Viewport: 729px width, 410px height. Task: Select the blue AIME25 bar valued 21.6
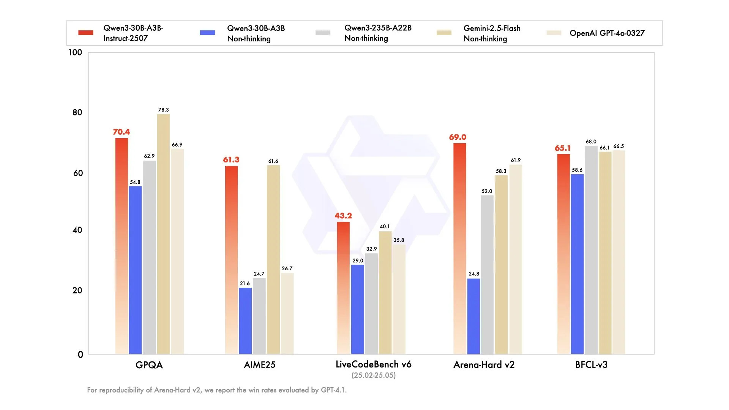[x=245, y=321]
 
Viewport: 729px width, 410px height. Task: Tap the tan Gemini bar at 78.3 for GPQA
[x=163, y=234]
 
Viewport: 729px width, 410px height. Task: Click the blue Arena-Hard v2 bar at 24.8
[x=473, y=316]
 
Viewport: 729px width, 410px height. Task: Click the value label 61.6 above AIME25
[x=273, y=161]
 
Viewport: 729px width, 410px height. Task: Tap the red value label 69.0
[x=458, y=137]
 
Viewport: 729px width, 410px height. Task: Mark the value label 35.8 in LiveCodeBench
[x=399, y=240]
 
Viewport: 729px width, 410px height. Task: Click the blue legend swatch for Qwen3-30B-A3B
[x=207, y=33]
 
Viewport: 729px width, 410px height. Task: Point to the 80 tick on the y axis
[x=77, y=112]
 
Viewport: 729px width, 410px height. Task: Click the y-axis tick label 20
[x=77, y=290]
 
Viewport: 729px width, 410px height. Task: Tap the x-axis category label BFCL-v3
[x=591, y=365]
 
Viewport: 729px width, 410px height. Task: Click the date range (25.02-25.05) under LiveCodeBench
[x=374, y=375]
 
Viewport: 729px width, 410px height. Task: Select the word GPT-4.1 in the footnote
[x=333, y=390]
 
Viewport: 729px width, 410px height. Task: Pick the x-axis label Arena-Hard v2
[x=484, y=365]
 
